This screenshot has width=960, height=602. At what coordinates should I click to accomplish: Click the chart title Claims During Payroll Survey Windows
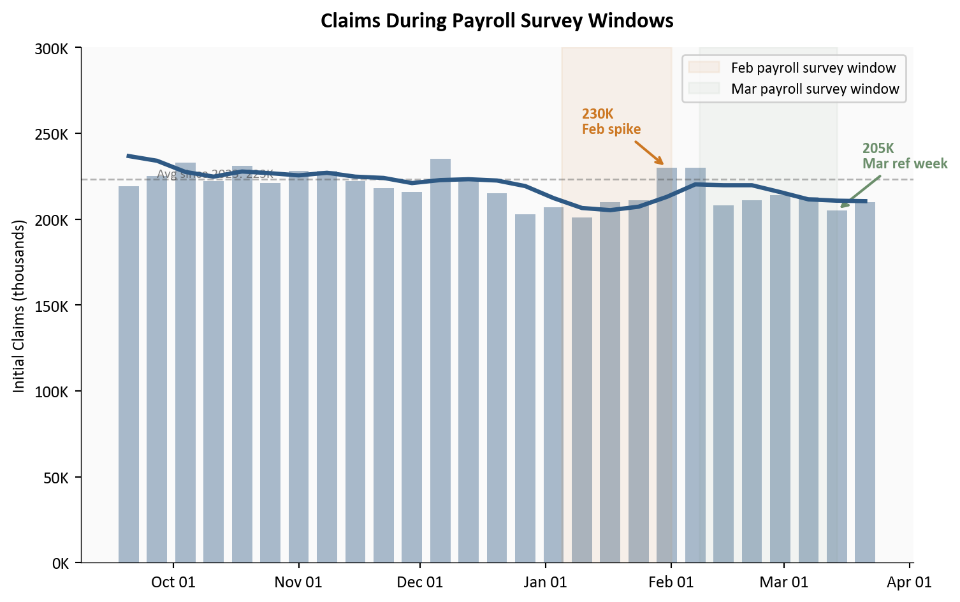pos(497,21)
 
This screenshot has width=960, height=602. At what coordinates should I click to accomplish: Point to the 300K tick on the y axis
pos(51,48)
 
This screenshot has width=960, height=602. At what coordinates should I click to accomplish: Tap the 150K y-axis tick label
pos(51,306)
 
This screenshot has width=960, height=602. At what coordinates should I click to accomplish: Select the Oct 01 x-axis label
pos(173,582)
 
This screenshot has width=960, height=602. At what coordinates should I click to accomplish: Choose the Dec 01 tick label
pos(419,582)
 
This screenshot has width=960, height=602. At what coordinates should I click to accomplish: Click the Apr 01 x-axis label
pos(909,582)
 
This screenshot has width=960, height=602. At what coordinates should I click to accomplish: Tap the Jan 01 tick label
pos(546,582)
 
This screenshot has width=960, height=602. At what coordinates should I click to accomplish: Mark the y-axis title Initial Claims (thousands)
pos(19,306)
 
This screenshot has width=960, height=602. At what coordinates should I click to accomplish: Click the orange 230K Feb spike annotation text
pos(611,121)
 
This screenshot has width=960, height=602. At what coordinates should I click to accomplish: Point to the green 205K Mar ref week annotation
pos(905,156)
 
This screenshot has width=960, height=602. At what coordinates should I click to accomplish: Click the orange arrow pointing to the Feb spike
pos(650,152)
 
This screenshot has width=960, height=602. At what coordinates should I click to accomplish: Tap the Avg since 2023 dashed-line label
pos(215,173)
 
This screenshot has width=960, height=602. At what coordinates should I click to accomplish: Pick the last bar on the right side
pos(864,383)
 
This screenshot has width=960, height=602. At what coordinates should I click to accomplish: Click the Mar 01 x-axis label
pos(783,582)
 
